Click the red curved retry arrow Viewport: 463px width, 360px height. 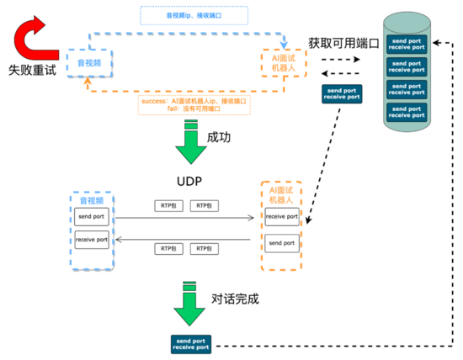[32, 39]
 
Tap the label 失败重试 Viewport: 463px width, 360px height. [32, 71]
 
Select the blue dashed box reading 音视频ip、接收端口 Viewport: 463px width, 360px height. [193, 15]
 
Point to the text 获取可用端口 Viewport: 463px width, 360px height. [343, 43]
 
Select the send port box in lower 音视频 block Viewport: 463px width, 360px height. [91, 216]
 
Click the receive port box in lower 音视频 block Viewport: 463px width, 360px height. [91, 241]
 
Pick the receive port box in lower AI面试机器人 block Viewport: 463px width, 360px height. [281, 217]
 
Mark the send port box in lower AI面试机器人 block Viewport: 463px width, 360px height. [281, 242]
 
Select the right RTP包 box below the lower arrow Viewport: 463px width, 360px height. [203, 249]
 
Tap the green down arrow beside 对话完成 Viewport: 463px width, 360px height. [190, 304]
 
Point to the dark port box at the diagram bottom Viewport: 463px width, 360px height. [190, 343]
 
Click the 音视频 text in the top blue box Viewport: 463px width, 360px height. [91, 62]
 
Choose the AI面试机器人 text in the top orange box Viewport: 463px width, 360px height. [279, 62]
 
